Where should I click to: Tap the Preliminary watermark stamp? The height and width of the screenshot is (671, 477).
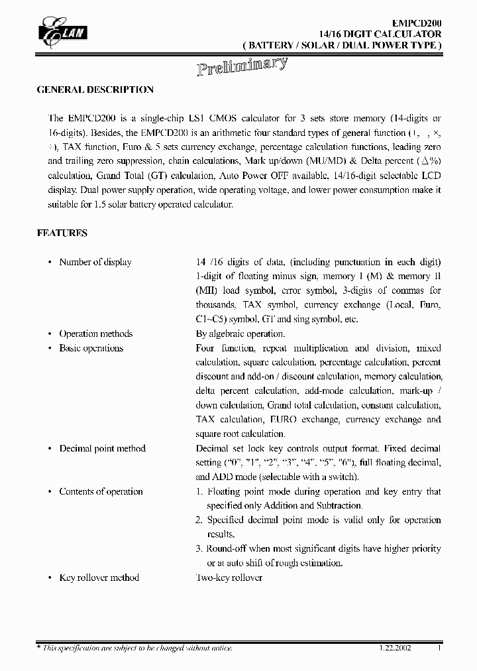pyautogui.click(x=242, y=67)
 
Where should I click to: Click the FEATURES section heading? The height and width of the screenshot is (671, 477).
pyautogui.click(x=62, y=233)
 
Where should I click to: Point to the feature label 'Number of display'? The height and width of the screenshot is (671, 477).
pyautogui.click(x=95, y=262)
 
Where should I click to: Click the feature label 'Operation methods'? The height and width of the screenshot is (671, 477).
pyautogui.click(x=96, y=334)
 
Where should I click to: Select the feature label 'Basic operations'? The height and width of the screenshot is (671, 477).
pyautogui.click(x=91, y=348)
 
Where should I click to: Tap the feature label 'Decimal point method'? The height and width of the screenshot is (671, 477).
pyautogui.click(x=103, y=448)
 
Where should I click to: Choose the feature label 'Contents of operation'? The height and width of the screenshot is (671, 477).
pyautogui.click(x=101, y=491)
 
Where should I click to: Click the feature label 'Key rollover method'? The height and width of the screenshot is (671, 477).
pyautogui.click(x=99, y=578)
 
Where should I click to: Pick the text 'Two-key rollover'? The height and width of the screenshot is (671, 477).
pyautogui.click(x=229, y=578)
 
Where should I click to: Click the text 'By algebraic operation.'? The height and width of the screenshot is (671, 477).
pyautogui.click(x=240, y=334)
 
